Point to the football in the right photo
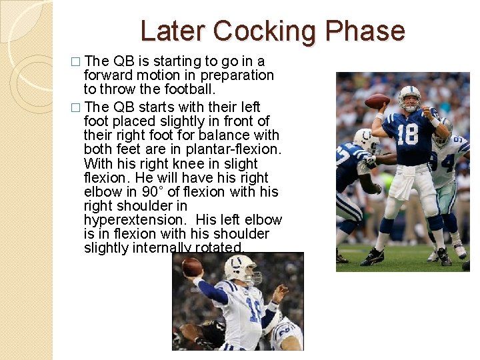tap(377, 101)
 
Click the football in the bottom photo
tap(191, 268)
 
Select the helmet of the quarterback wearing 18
tap(410, 97)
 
